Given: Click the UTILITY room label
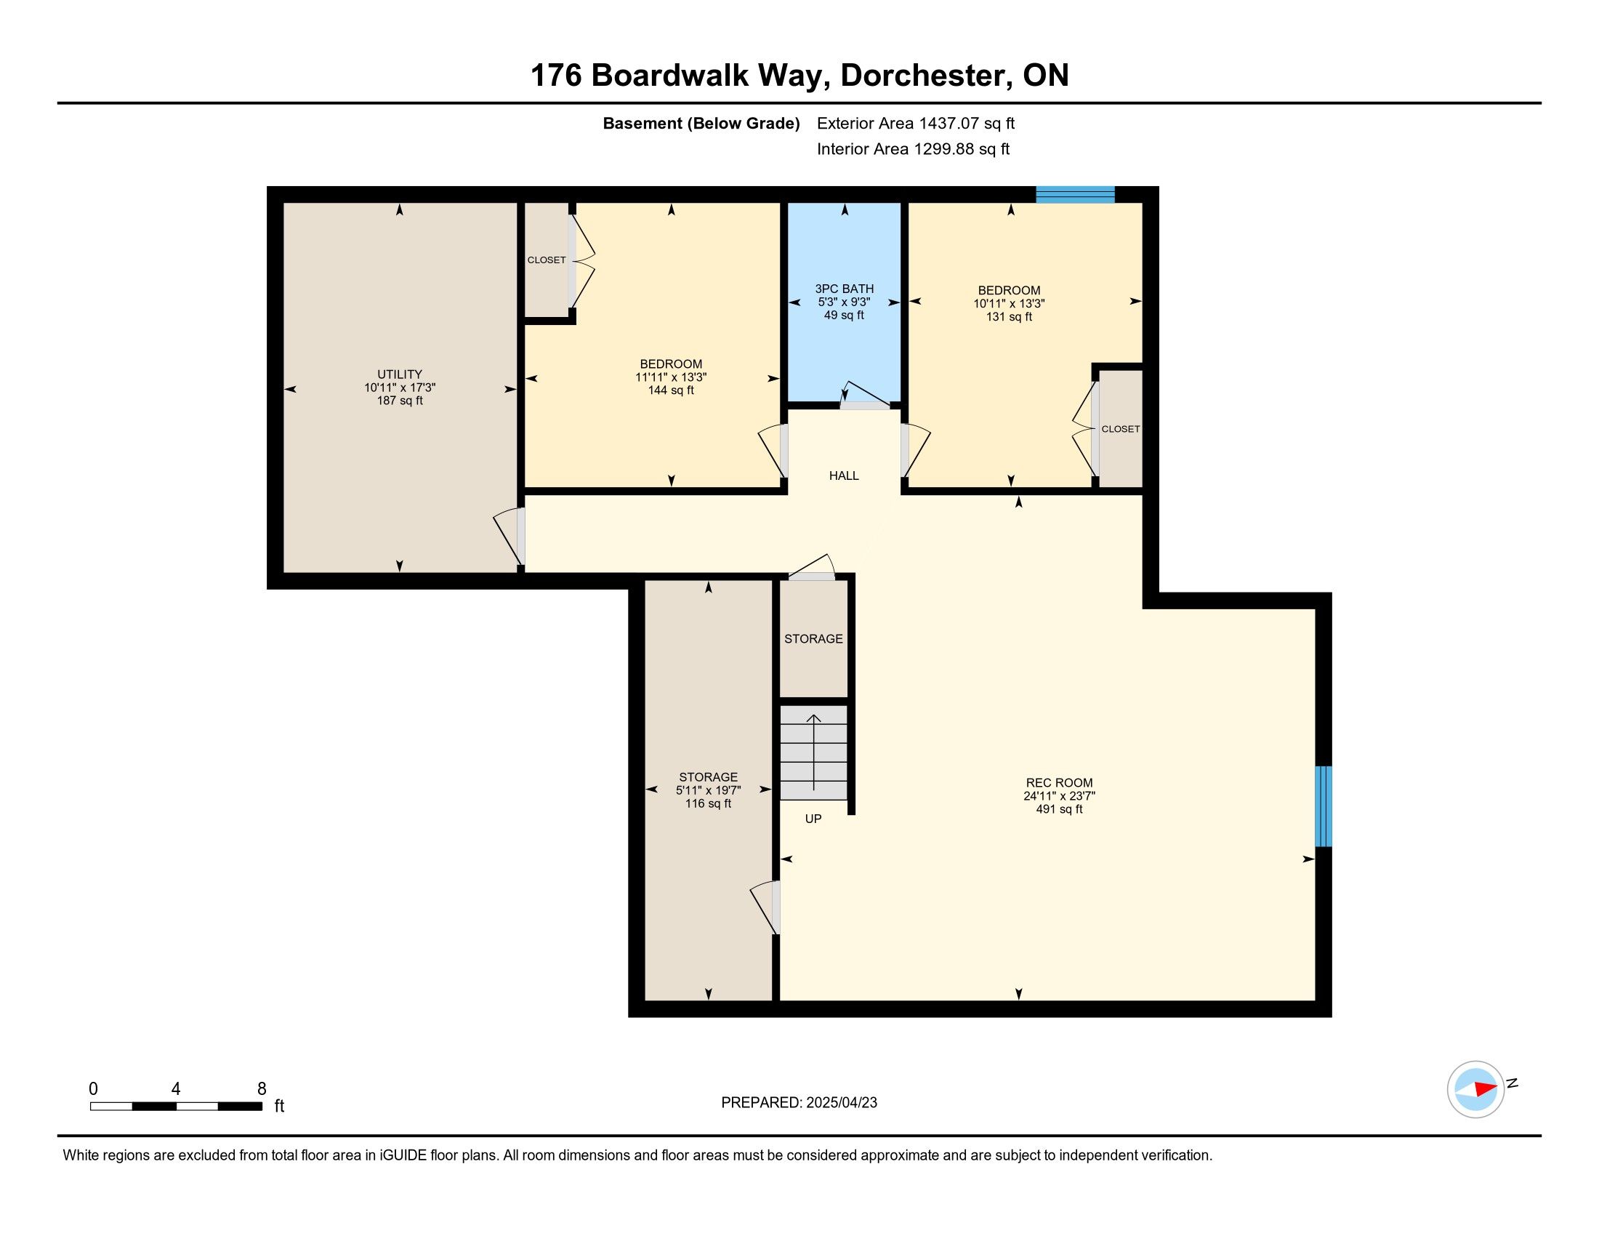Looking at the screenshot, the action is click(400, 374).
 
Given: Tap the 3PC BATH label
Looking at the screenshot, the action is click(844, 289).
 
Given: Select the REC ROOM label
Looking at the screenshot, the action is click(1060, 783).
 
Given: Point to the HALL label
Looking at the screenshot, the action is click(843, 476).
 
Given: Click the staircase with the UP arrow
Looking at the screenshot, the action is click(813, 753).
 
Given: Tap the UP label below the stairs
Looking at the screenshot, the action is click(813, 819).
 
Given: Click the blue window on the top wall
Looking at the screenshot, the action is click(1075, 194).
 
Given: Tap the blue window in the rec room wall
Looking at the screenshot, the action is click(1323, 806).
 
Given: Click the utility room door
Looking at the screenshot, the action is click(510, 537).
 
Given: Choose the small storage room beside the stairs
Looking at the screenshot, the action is click(813, 638).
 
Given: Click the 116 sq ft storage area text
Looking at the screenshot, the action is click(708, 803).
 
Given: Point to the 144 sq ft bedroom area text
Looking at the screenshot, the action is click(671, 390).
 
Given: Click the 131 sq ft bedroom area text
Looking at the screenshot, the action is click(1009, 316).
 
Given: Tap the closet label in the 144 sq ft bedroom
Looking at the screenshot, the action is click(547, 260).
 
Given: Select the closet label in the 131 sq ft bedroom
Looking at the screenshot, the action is click(1120, 429).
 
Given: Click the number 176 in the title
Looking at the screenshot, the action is click(556, 76).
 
